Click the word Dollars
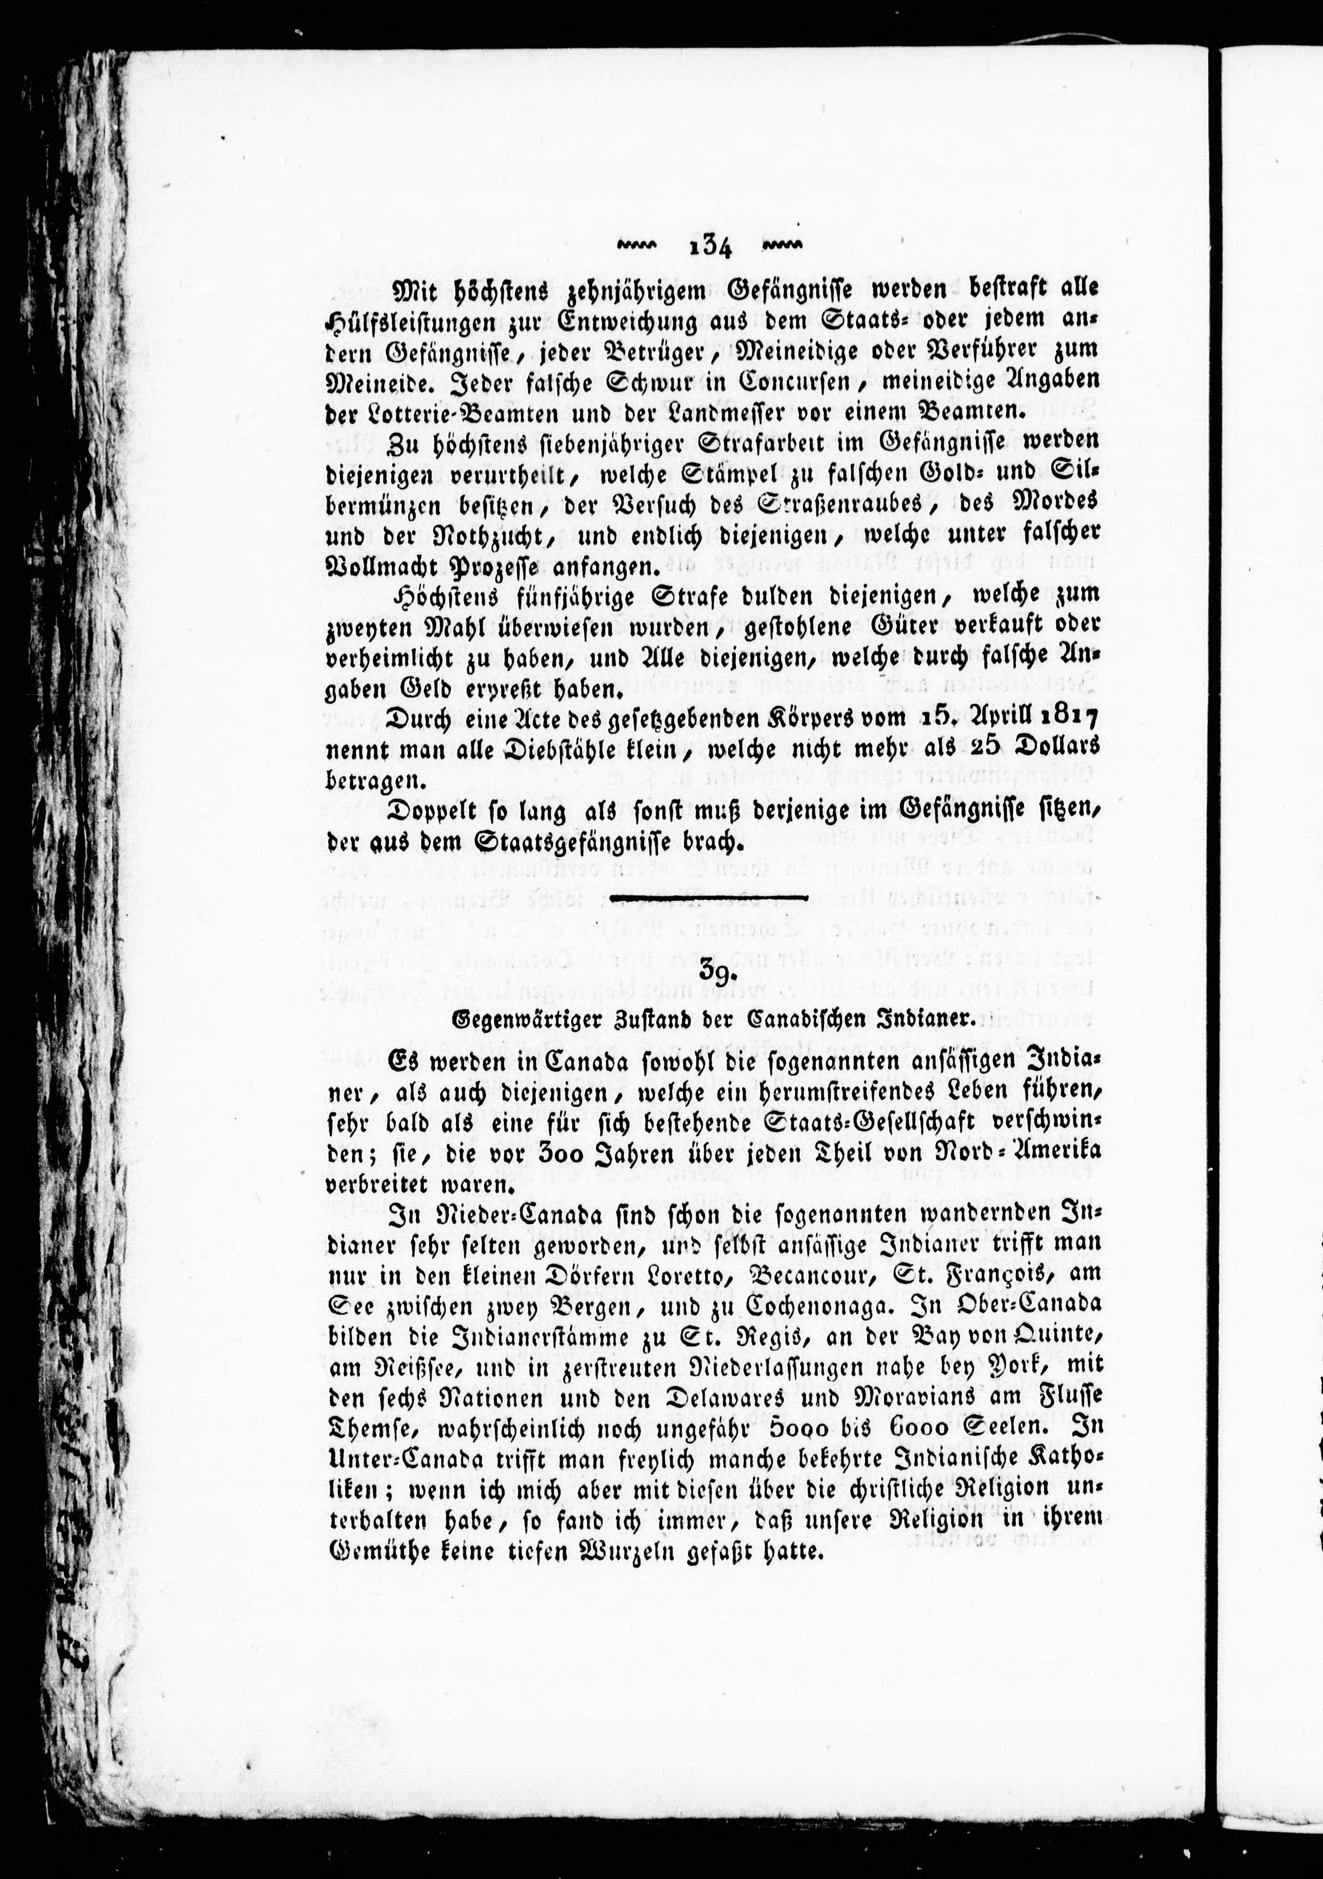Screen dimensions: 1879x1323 pos(1056,748)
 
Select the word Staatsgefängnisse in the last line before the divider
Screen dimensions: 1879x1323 pos(544,842)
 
